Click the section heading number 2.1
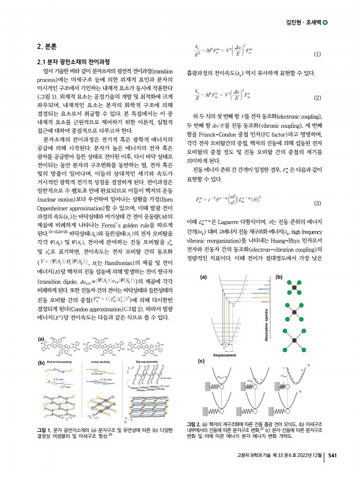43,62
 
